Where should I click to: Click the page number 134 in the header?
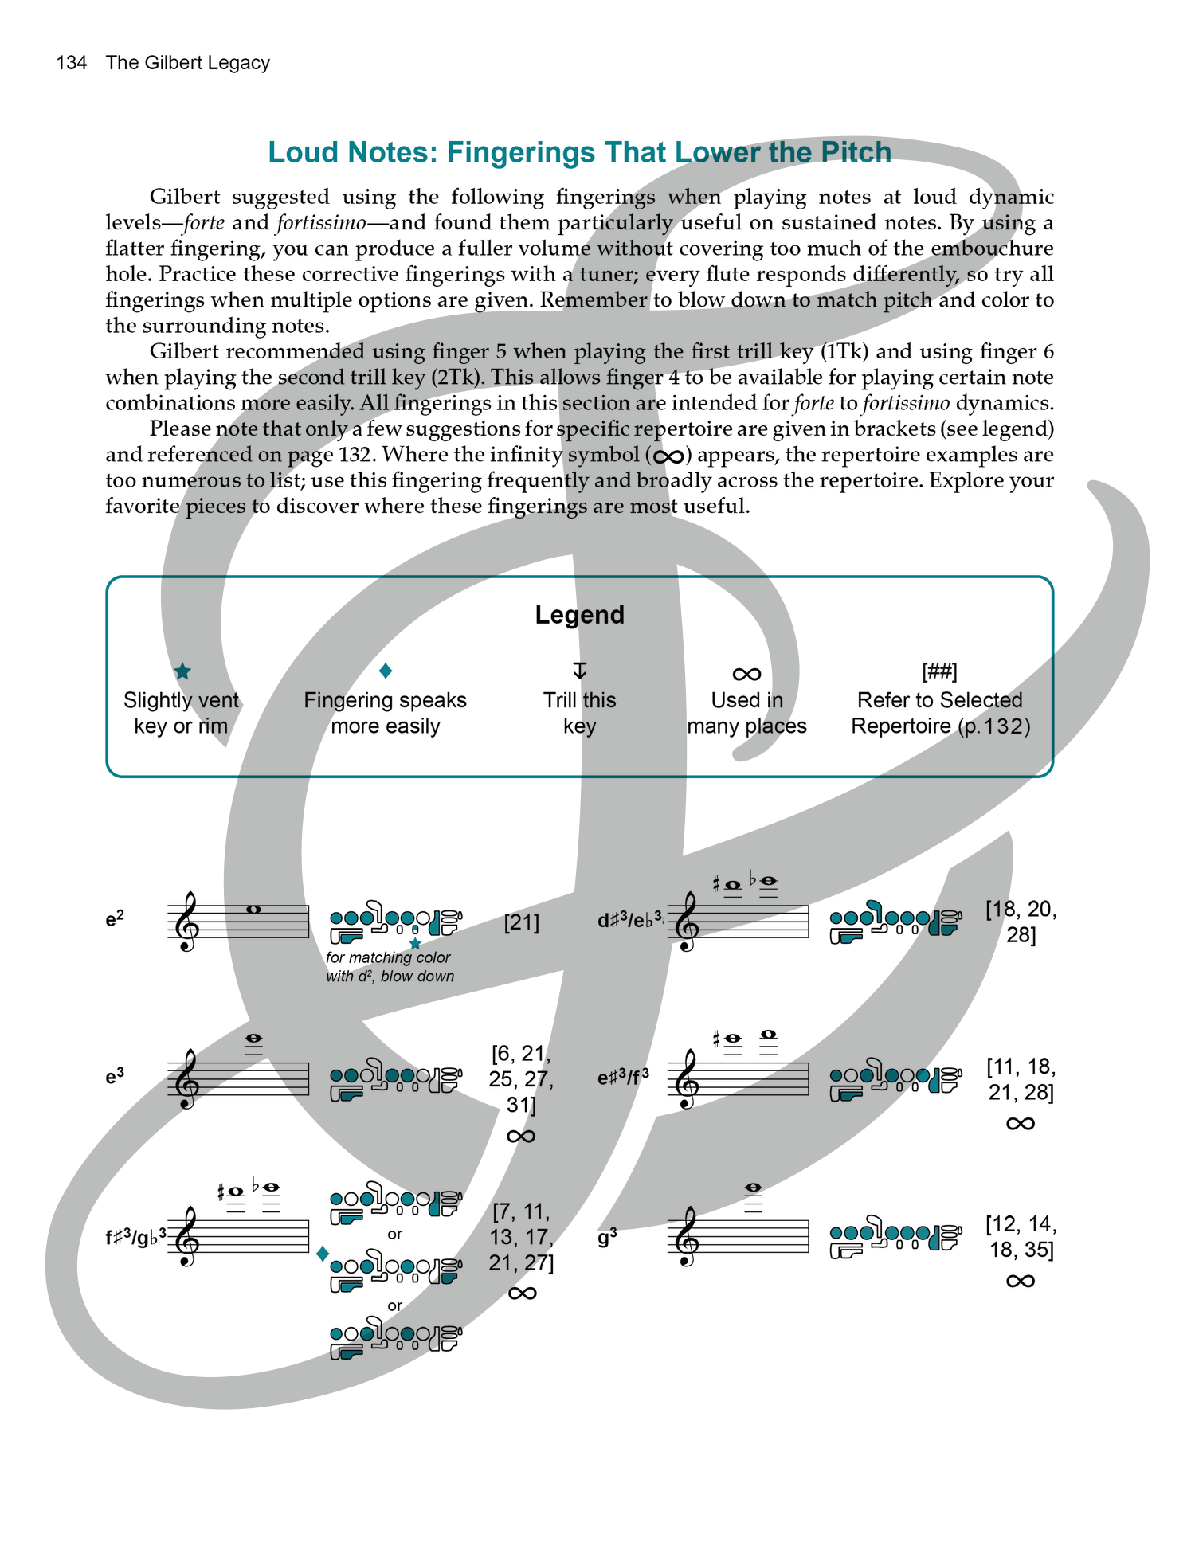pyautogui.click(x=71, y=63)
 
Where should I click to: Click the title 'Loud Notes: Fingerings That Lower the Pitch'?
pyautogui.click(x=579, y=152)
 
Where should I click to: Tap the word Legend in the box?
pyautogui.click(x=579, y=615)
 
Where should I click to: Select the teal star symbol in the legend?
pyautogui.click(x=182, y=671)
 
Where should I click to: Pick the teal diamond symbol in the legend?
pyautogui.click(x=386, y=671)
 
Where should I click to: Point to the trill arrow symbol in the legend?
pyautogui.click(x=580, y=670)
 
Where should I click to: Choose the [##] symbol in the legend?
pyautogui.click(x=939, y=671)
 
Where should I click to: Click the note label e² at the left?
pyautogui.click(x=115, y=919)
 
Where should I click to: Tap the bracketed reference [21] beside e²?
pyautogui.click(x=522, y=922)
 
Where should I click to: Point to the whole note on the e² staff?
pyautogui.click(x=253, y=910)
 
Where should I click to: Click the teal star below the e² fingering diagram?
pyautogui.click(x=415, y=944)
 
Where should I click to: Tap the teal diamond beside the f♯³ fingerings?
pyautogui.click(x=323, y=1254)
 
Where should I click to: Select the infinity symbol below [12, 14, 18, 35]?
pyautogui.click(x=1021, y=1281)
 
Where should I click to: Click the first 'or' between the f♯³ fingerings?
pyautogui.click(x=395, y=1235)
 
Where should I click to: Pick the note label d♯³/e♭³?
pyautogui.click(x=629, y=921)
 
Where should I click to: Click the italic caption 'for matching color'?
pyautogui.click(x=388, y=957)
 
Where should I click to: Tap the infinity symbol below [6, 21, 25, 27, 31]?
pyautogui.click(x=521, y=1136)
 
